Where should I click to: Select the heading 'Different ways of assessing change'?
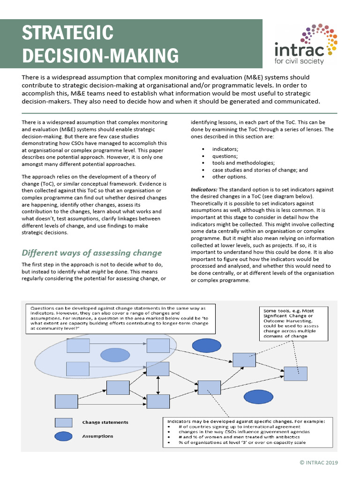[91, 253]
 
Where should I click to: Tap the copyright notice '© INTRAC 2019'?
[319, 463]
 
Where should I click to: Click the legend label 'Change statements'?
[105, 422]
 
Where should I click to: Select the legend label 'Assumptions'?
[97, 436]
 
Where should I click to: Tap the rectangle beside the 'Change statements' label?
[64, 422]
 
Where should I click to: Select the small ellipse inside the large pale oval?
[115, 355]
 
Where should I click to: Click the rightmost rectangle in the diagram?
[295, 374]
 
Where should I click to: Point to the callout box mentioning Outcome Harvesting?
[290, 322]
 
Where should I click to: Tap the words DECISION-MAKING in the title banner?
[101, 56]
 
